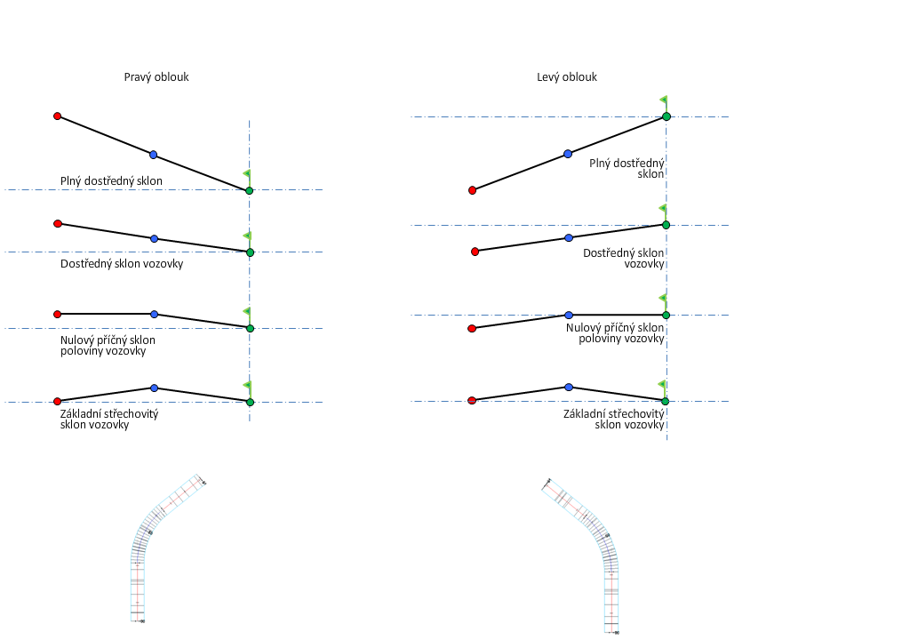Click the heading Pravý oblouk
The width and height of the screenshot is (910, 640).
156,77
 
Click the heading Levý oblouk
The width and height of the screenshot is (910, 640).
567,77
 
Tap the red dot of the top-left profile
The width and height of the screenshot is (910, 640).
57,116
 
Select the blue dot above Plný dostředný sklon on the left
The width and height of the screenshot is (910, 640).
154,155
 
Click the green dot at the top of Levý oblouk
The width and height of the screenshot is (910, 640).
666,116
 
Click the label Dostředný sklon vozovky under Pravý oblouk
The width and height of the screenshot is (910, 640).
122,264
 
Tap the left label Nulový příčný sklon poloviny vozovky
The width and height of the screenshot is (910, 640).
108,346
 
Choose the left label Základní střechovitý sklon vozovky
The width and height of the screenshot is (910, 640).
109,420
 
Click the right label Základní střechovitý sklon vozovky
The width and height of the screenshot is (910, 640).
614,420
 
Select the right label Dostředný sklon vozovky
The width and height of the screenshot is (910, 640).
623,259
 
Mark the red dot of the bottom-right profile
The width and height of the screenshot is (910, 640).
472,401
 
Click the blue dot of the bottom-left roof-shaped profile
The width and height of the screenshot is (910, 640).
154,388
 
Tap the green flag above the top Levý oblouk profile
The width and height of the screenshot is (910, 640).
663,100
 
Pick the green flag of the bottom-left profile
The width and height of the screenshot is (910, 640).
247,386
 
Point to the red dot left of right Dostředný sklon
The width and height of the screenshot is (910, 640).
475,252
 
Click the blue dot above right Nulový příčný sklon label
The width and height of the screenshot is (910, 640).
569,315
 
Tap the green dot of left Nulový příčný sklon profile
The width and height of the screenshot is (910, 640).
250,328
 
